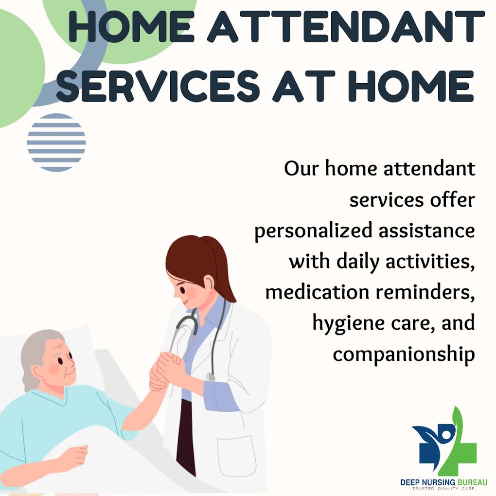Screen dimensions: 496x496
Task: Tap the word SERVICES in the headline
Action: pos(158,86)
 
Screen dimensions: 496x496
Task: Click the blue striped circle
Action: pos(56,142)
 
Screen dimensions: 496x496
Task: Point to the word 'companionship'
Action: pos(404,354)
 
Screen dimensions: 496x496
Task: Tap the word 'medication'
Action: pos(317,292)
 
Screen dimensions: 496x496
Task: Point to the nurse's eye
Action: pos(182,289)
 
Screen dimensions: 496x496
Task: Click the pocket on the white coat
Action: pos(237,456)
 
